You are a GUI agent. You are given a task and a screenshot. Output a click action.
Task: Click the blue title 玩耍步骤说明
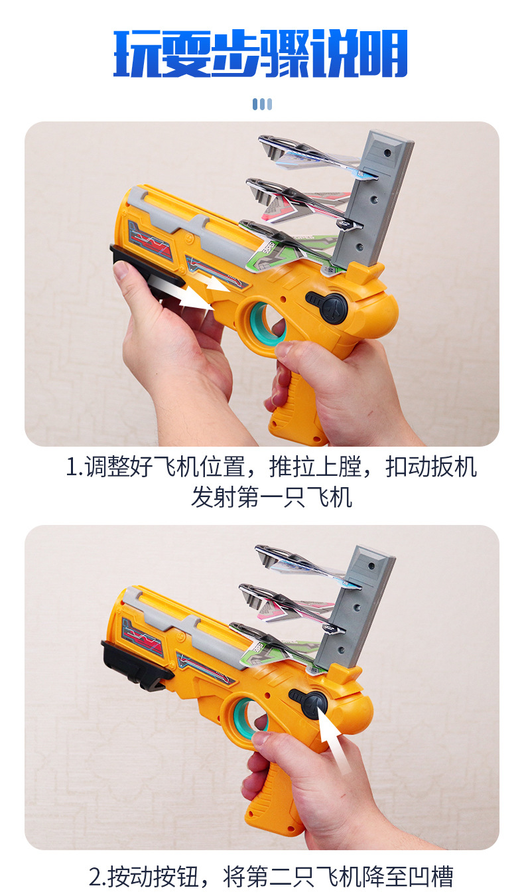click(261, 53)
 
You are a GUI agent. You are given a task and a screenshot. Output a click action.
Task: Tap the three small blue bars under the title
click(262, 104)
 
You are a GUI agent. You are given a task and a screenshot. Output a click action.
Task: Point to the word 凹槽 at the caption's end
click(431, 877)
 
